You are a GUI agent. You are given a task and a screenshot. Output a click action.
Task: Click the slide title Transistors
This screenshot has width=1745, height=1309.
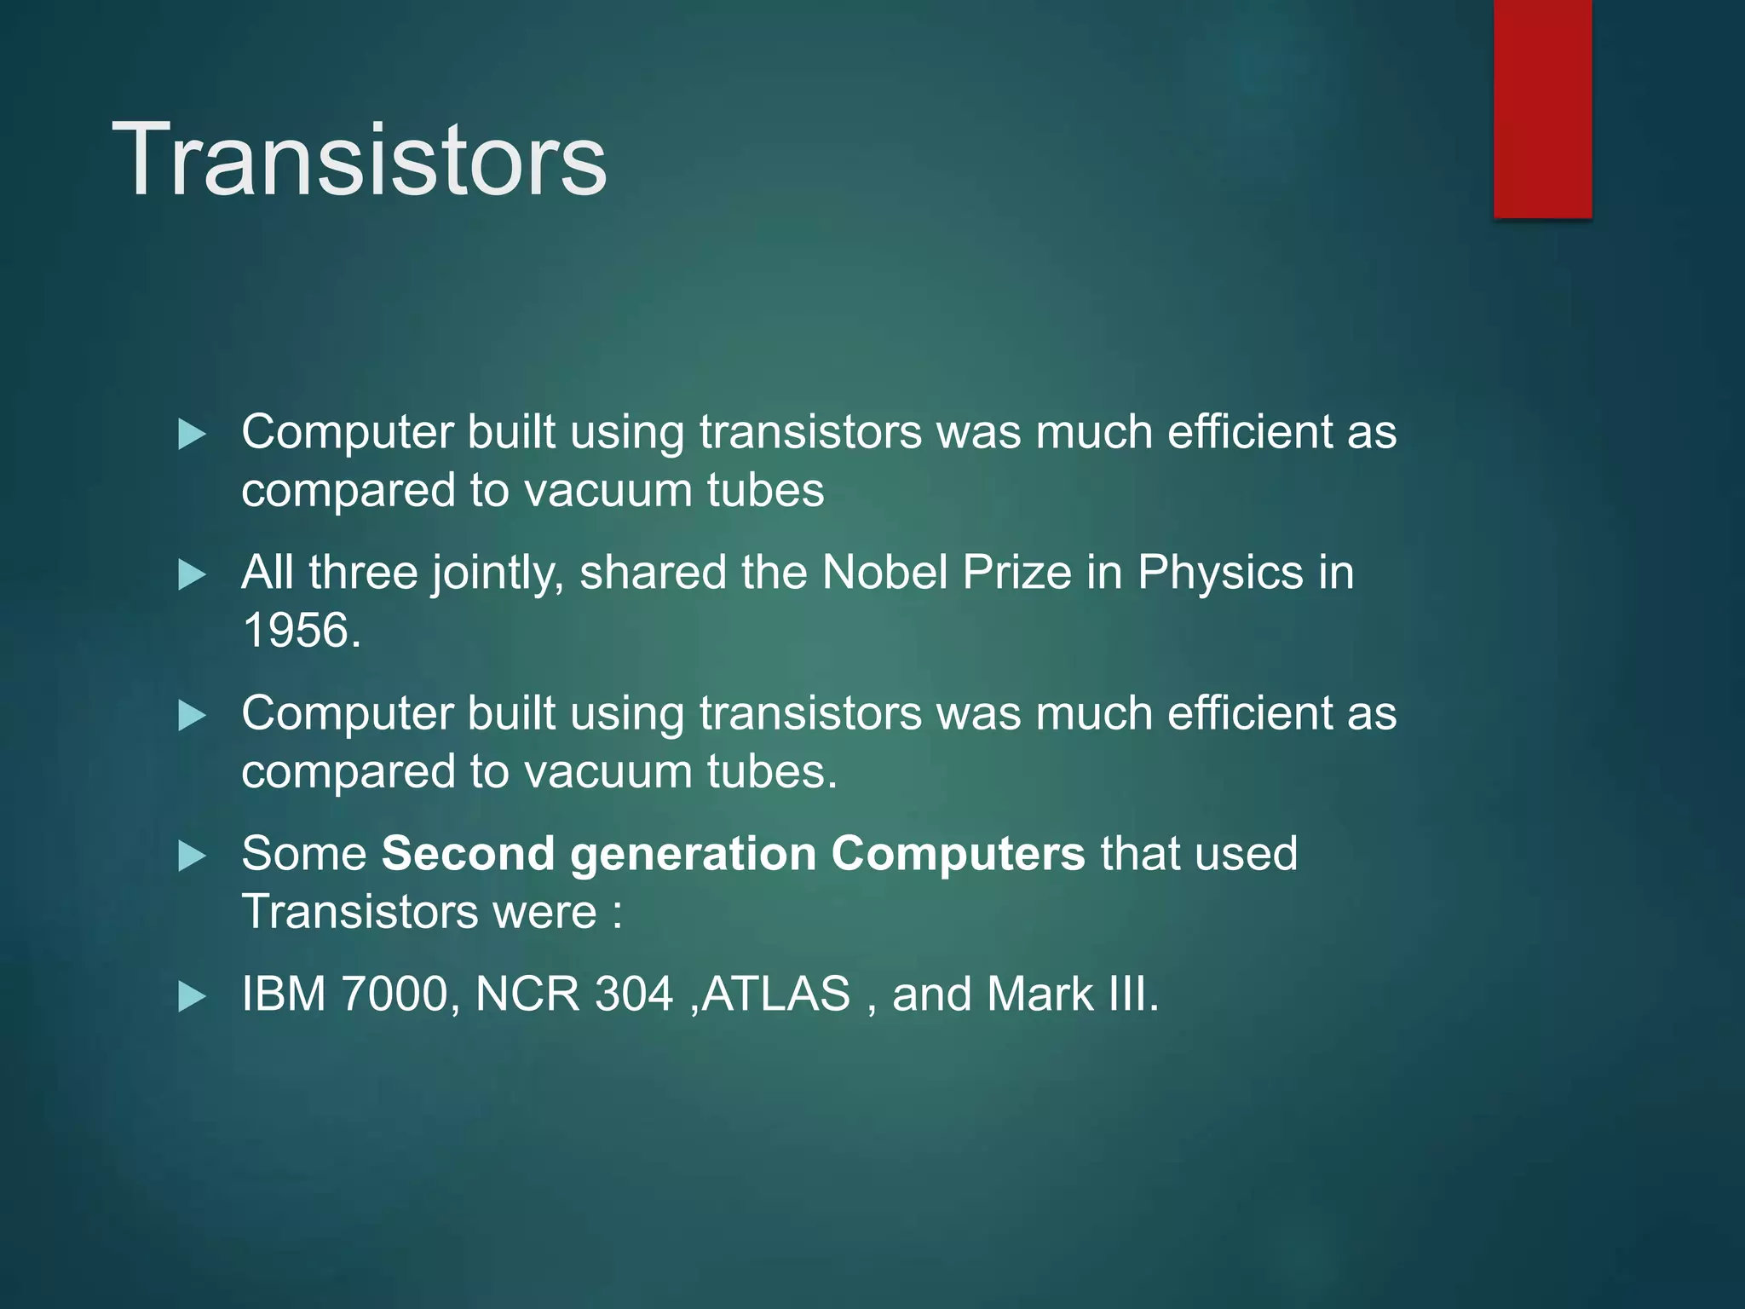tap(359, 160)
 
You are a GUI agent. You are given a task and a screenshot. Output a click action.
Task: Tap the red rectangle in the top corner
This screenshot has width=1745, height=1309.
tap(1542, 109)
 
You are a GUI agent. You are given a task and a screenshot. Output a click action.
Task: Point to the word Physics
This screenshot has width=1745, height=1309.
tap(1220, 572)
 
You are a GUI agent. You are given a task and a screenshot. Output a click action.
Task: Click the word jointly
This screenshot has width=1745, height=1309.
tap(497, 574)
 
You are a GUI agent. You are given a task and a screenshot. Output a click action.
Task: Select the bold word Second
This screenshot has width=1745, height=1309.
tap(468, 853)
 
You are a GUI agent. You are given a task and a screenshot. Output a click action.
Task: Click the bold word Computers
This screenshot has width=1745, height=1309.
tap(958, 854)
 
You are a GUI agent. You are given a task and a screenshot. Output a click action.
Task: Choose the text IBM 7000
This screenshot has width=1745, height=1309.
tap(344, 994)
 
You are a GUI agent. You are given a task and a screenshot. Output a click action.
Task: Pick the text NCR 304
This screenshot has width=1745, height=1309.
tap(573, 994)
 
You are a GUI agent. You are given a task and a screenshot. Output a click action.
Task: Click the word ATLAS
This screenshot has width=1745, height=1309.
tap(775, 994)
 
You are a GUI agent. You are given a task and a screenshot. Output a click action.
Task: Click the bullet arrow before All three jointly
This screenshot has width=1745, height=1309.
tap(193, 575)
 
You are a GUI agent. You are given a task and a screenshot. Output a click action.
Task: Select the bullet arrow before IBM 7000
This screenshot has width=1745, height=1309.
tap(193, 997)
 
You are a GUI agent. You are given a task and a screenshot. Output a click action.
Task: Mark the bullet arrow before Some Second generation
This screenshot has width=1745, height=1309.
tap(193, 856)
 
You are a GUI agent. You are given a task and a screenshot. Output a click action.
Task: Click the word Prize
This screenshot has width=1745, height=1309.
tap(1016, 572)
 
